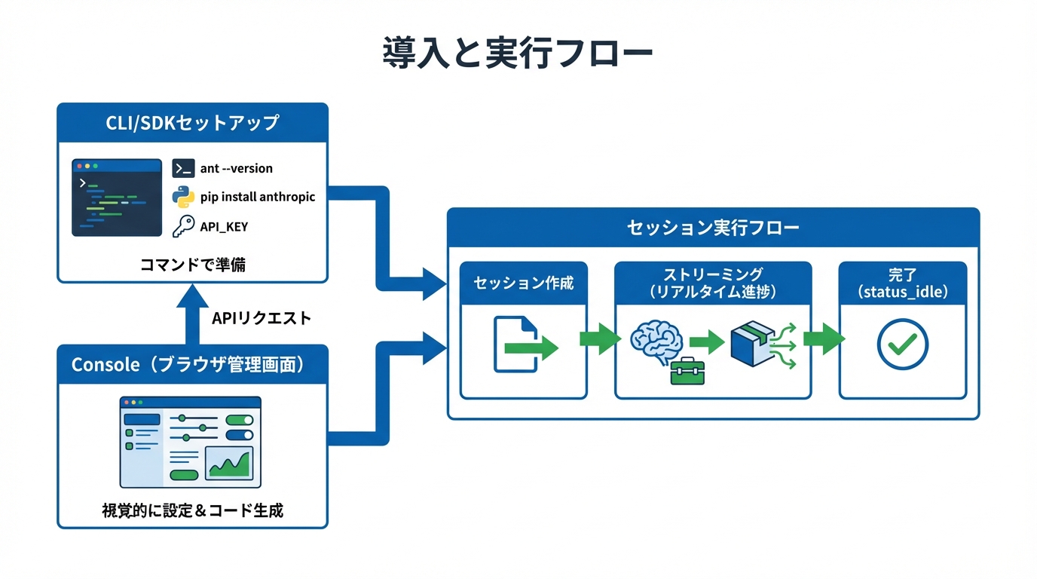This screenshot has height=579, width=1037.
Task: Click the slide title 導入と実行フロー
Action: (x=517, y=54)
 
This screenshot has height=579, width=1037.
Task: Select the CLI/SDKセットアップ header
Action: (x=193, y=123)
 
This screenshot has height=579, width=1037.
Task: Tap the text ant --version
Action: (x=236, y=168)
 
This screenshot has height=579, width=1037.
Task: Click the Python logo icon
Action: (x=183, y=197)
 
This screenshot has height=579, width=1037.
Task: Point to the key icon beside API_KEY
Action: (x=183, y=225)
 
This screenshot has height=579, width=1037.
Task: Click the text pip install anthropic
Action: (x=258, y=197)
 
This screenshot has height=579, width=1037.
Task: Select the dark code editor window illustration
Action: (x=117, y=197)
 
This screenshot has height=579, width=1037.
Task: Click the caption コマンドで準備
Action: (x=193, y=265)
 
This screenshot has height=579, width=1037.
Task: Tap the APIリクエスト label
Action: (x=261, y=318)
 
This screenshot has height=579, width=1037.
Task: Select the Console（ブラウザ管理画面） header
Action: (x=193, y=365)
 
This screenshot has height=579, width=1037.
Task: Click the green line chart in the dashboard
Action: (x=230, y=463)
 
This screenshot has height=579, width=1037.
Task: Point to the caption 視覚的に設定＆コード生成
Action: (x=193, y=510)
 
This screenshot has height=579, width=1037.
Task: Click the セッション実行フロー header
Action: (x=713, y=228)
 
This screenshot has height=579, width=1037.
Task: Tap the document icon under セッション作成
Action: (x=516, y=344)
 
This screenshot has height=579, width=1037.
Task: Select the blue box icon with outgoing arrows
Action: (x=753, y=345)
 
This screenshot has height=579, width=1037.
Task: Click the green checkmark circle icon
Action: (x=902, y=345)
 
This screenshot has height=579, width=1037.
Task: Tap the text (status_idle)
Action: (x=902, y=291)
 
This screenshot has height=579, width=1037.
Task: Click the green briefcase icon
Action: (x=687, y=371)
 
